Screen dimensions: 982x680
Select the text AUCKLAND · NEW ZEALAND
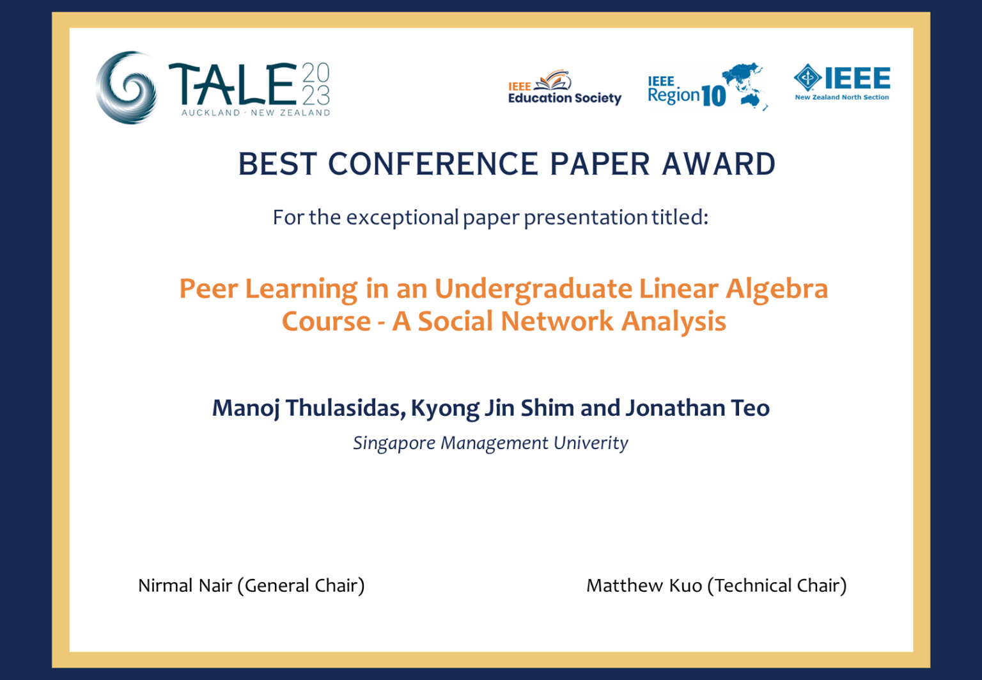tap(256, 113)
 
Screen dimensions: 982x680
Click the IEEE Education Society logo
tap(565, 87)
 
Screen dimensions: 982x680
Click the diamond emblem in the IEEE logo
tap(807, 77)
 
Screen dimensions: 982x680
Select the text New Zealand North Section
tap(842, 97)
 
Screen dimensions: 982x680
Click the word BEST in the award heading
tap(277, 164)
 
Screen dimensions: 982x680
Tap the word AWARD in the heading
tap(719, 164)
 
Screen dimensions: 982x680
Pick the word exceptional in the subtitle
tap(402, 217)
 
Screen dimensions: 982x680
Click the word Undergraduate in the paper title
tap(533, 290)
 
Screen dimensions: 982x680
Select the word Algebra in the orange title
tap(776, 290)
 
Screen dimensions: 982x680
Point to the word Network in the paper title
tap(557, 320)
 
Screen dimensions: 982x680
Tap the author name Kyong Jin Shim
tap(492, 408)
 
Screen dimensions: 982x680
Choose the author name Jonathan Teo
tap(698, 407)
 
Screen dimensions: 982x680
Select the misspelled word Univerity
tap(591, 443)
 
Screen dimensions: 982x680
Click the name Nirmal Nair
tap(185, 586)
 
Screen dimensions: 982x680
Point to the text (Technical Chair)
tap(777, 586)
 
